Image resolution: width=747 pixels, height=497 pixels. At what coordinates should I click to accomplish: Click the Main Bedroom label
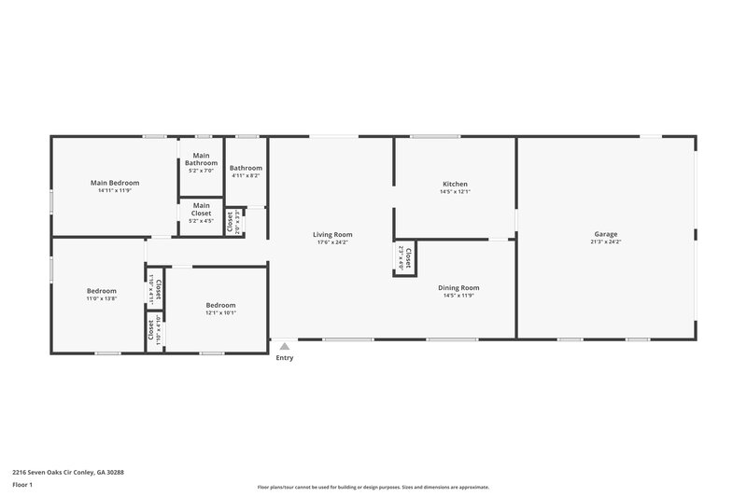point(115,183)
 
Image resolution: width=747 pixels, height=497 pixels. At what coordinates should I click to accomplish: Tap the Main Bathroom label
point(201,159)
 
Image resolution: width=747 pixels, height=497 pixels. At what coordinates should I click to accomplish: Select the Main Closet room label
point(202,208)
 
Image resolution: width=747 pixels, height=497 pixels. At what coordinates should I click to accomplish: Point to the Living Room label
point(331,234)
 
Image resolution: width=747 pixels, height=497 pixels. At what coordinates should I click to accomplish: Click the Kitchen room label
point(455,184)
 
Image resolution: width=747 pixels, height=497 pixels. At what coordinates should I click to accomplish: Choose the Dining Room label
point(458,287)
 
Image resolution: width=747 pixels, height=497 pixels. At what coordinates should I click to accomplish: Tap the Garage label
point(606,234)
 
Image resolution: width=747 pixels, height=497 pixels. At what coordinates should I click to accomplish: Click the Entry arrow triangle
point(285,346)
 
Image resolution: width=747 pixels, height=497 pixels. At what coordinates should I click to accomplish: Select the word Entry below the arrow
point(285,358)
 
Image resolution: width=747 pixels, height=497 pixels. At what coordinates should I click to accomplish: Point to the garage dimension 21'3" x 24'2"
point(606,242)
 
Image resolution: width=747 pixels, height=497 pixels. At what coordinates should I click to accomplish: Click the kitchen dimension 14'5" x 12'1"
point(455,192)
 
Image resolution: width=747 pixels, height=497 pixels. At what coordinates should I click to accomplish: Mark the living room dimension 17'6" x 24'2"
point(331,242)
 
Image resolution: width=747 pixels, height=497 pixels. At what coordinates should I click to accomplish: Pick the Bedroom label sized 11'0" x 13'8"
point(102,291)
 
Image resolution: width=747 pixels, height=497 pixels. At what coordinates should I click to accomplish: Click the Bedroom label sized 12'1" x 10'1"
point(220,305)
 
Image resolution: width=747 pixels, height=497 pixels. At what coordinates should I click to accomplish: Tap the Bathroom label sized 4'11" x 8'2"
point(246,168)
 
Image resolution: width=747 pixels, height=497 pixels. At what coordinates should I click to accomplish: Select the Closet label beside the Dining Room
point(409,258)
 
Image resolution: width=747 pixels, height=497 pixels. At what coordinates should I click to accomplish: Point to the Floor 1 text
point(22,485)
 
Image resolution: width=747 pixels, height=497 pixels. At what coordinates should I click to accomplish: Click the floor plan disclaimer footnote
point(373,487)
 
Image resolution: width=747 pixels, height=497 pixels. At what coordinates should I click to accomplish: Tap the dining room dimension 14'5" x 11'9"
point(458,296)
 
